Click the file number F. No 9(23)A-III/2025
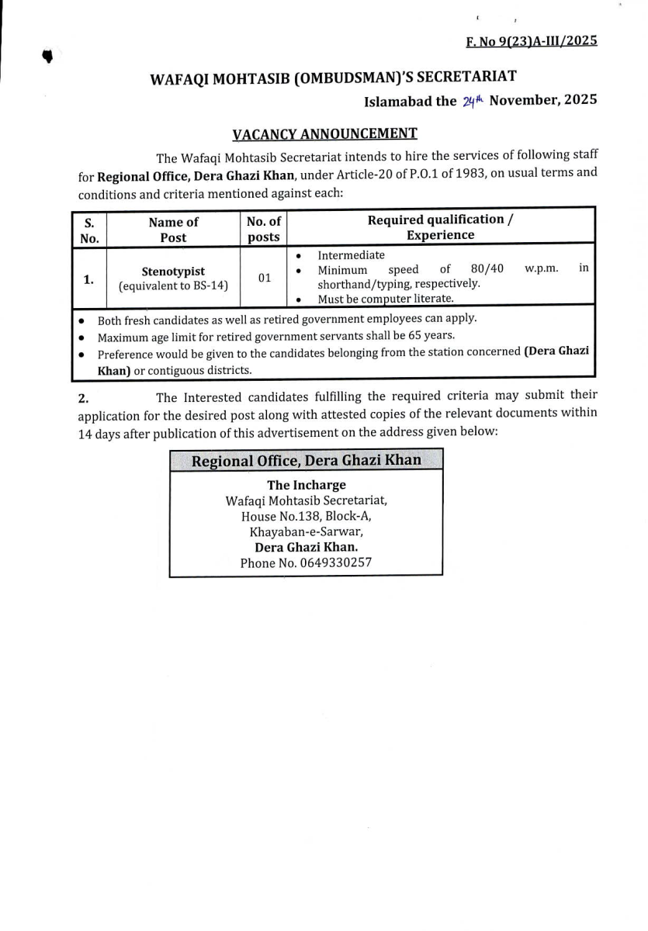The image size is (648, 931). [x=532, y=41]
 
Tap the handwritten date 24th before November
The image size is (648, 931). [x=473, y=101]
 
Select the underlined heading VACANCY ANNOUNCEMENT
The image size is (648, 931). [x=324, y=134]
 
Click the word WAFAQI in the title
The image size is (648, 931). [x=182, y=78]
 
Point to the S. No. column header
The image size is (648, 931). [x=89, y=230]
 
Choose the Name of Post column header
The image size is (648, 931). [x=173, y=230]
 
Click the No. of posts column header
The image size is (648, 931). [x=264, y=230]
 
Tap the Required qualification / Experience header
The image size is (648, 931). [x=440, y=227]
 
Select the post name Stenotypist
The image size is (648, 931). [x=173, y=272]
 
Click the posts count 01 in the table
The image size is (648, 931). [x=265, y=278]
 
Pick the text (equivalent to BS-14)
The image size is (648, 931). [x=173, y=286]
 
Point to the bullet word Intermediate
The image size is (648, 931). [x=351, y=255]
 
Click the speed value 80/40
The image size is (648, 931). [x=487, y=269]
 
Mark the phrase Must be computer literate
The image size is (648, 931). [x=386, y=299]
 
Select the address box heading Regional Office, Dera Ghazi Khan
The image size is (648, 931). [x=306, y=461]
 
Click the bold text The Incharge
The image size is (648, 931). [x=307, y=485]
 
